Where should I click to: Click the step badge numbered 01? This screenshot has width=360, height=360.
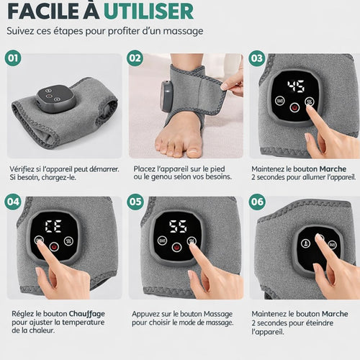12,58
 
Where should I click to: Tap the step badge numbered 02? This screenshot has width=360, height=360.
135,58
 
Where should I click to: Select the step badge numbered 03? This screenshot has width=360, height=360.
257,58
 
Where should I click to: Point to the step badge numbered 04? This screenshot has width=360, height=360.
12,202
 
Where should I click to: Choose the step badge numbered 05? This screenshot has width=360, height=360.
135,202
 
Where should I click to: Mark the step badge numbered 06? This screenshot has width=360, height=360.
257,202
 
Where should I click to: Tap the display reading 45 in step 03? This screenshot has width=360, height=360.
295,87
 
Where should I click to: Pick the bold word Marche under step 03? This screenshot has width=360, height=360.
334,168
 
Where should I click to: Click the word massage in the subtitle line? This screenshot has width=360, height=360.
184,32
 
